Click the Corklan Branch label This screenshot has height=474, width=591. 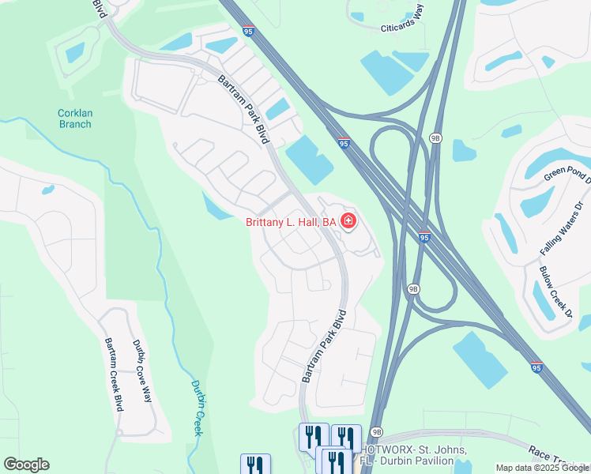[x=75, y=118]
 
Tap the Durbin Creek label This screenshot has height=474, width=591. [x=198, y=408]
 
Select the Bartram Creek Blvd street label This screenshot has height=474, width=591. [x=115, y=374]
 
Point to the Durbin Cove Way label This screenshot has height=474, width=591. [x=142, y=371]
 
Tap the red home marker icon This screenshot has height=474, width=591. [x=348, y=222]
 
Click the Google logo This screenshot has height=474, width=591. [x=26, y=465]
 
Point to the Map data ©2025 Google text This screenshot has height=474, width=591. [x=542, y=468]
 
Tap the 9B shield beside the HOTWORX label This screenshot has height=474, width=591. [x=377, y=432]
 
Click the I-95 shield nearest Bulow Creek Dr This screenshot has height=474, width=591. [x=536, y=367]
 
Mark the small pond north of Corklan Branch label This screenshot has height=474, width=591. [x=75, y=53]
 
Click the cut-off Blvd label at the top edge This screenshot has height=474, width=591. [x=100, y=7]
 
